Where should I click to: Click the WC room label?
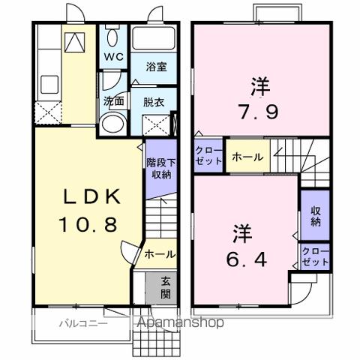[x=114, y=57]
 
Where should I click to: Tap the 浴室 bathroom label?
[x=155, y=67]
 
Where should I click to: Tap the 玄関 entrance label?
[x=164, y=287]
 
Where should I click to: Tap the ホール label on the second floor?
[x=247, y=157]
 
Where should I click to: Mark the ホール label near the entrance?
[x=160, y=254]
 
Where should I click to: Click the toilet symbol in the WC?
[x=112, y=37]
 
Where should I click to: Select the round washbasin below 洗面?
[x=113, y=123]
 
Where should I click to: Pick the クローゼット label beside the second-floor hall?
[x=209, y=156]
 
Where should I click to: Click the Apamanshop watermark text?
[x=179, y=323]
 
